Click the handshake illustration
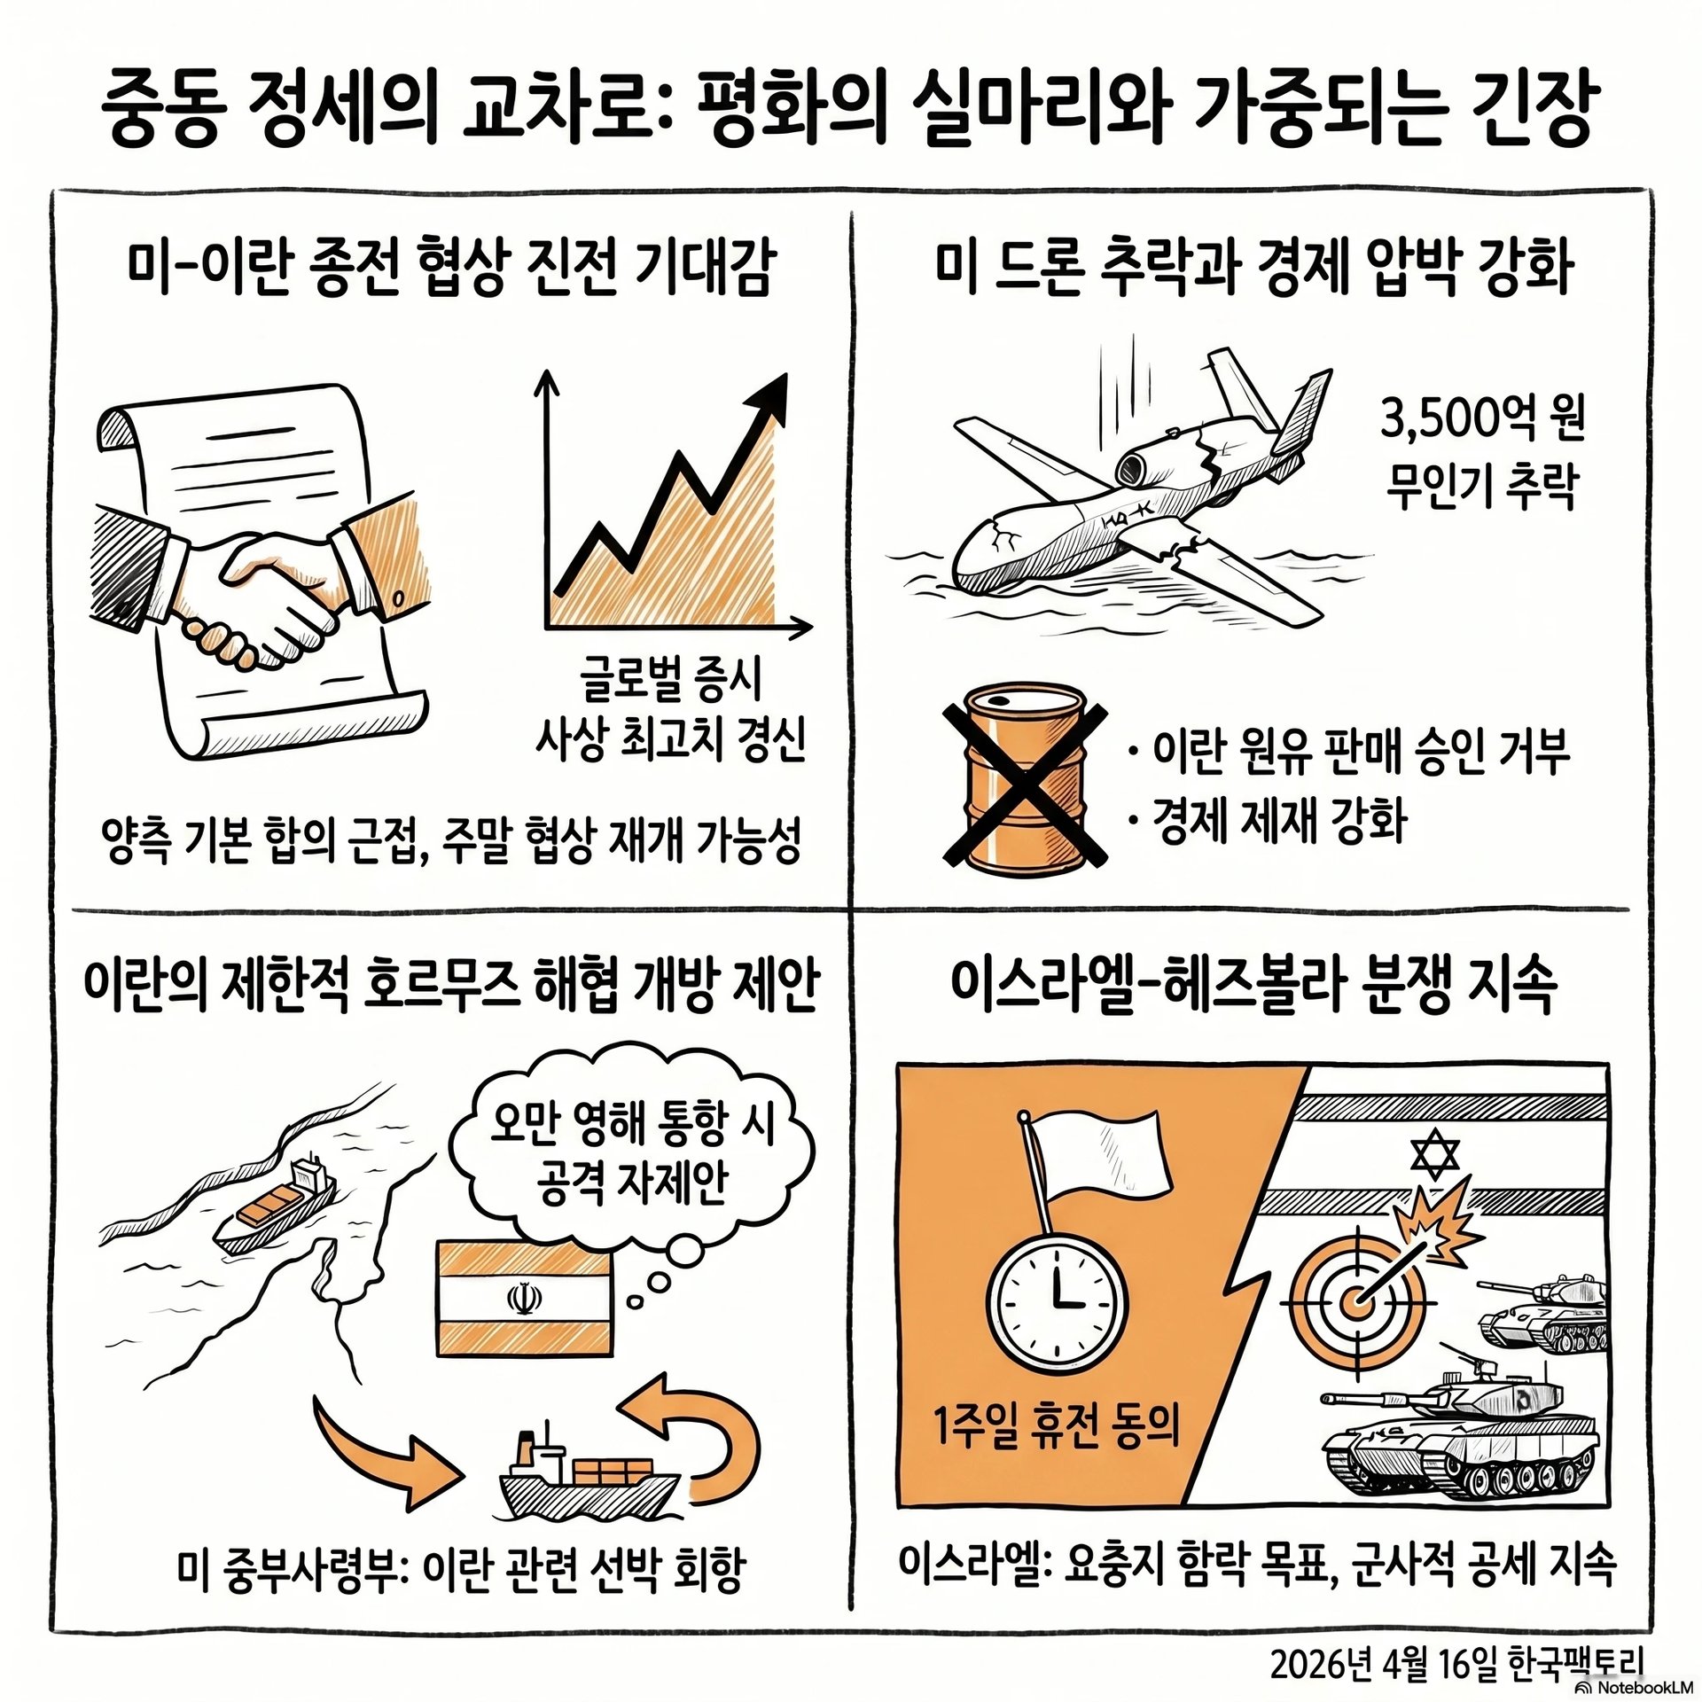(257, 589)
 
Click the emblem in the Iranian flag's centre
(522, 1300)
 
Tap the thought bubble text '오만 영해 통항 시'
(631, 1123)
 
